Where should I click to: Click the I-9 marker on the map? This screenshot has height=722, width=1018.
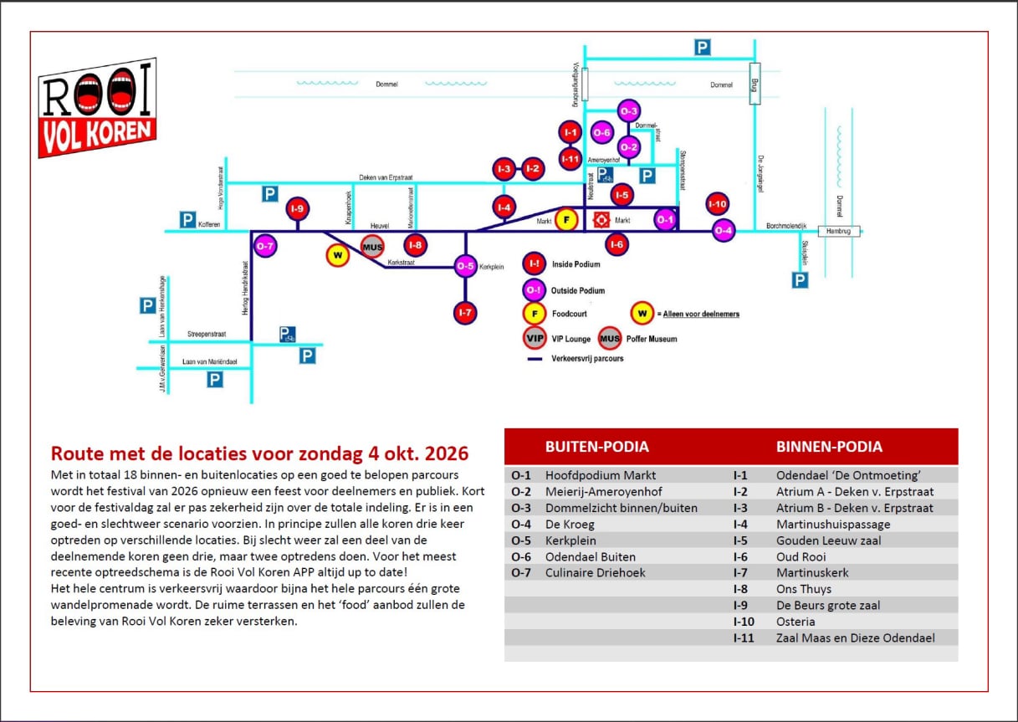(297, 208)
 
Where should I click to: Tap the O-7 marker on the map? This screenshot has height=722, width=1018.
(265, 246)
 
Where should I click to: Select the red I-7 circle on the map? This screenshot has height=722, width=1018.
(466, 313)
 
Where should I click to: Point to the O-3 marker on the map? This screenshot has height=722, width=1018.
(629, 111)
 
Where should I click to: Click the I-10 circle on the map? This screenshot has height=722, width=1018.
(718, 203)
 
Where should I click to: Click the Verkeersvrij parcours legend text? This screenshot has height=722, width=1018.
(586, 358)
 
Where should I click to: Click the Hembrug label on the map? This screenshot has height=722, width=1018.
(839, 231)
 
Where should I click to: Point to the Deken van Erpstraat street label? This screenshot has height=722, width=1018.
(386, 177)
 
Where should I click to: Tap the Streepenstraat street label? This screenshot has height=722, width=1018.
(206, 334)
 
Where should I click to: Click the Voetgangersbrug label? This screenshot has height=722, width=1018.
(576, 84)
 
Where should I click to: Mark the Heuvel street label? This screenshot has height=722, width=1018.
(381, 226)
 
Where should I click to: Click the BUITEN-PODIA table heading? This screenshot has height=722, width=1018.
(596, 447)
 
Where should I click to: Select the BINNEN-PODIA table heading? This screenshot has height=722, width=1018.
(829, 447)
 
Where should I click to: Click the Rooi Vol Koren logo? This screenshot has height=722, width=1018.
(97, 109)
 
